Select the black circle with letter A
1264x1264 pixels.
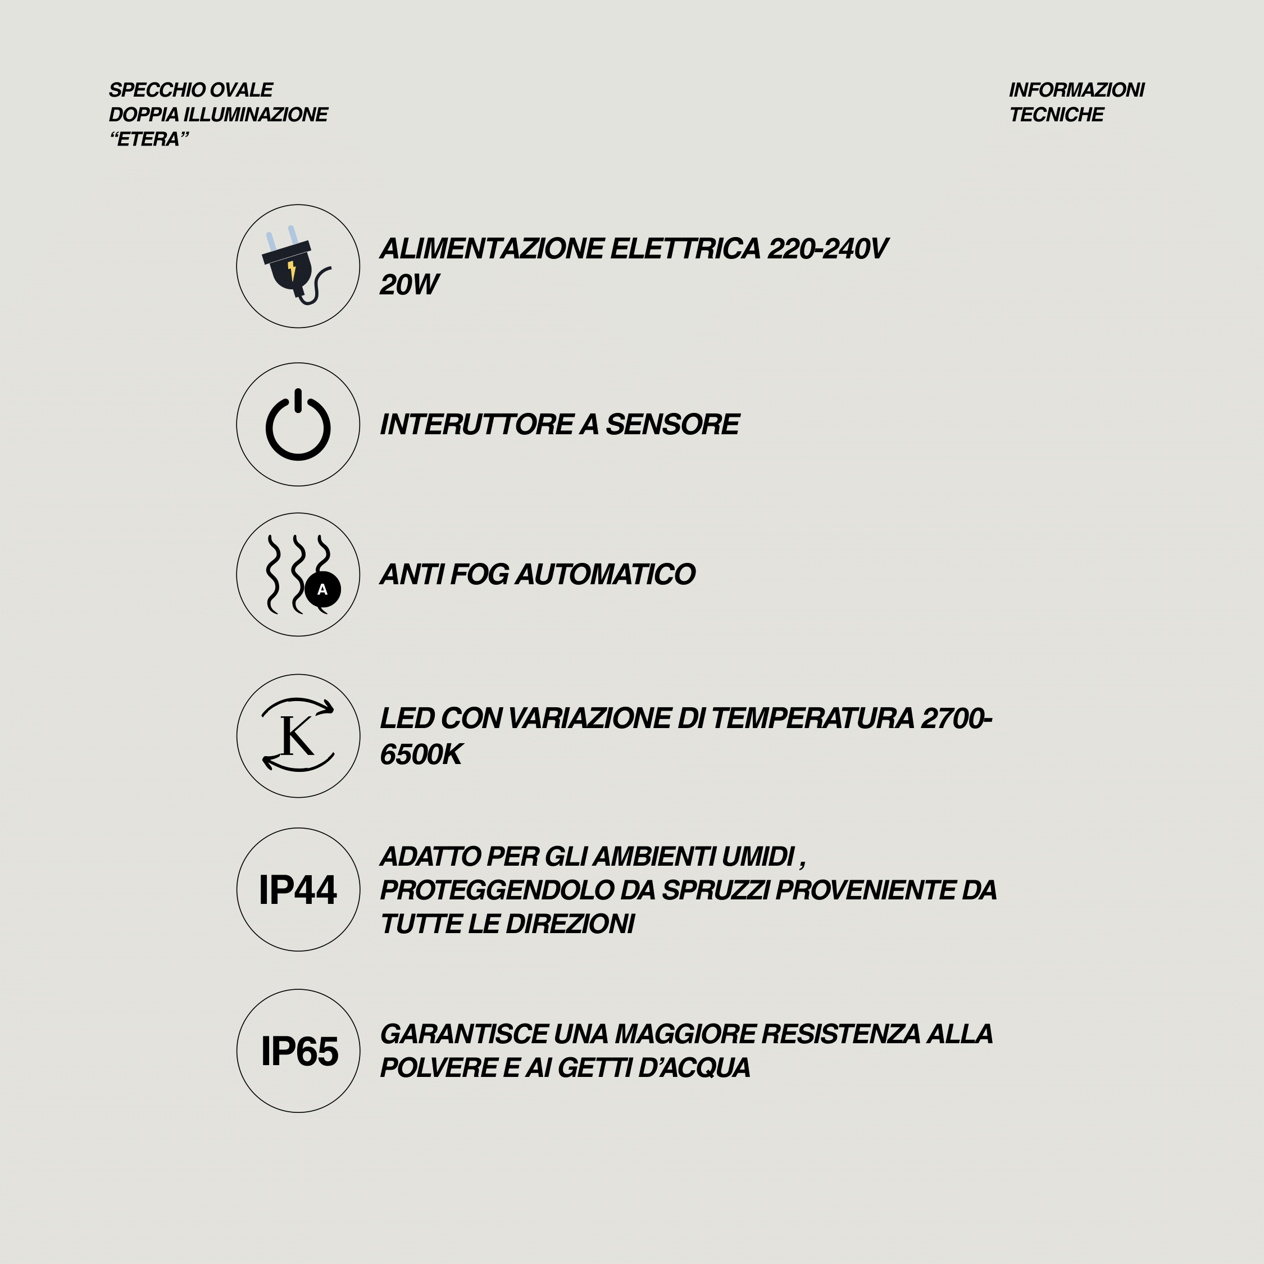[x=322, y=589]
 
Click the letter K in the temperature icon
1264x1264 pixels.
[x=297, y=736]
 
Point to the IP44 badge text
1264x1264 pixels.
[x=298, y=890]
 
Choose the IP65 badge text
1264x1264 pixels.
[x=299, y=1052]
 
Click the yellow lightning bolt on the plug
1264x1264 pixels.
[x=292, y=270]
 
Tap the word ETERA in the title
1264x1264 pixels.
[x=148, y=139]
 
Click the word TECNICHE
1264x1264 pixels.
[x=1056, y=115]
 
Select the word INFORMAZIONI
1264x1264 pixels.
[x=1076, y=90]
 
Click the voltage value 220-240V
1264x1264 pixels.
[x=827, y=249]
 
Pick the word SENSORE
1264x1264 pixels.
[x=672, y=425]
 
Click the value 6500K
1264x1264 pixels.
[x=421, y=755]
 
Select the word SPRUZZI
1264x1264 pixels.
[x=716, y=890]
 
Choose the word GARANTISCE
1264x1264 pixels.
[x=464, y=1034]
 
